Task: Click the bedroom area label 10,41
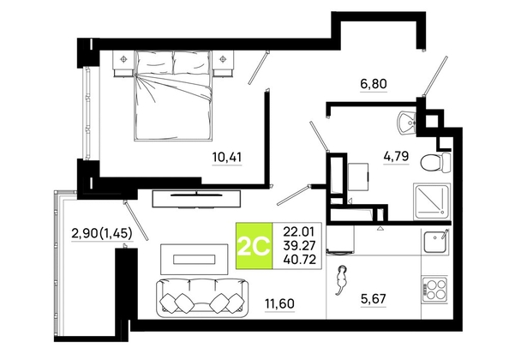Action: pyautogui.click(x=227, y=158)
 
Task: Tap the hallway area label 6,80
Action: pyautogui.click(x=374, y=84)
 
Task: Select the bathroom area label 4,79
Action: pyautogui.click(x=396, y=157)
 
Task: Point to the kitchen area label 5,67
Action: pyautogui.click(x=374, y=298)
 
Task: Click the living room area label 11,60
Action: pyautogui.click(x=280, y=303)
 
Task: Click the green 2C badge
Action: pyautogui.click(x=254, y=246)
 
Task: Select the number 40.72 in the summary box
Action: pyautogui.click(x=299, y=260)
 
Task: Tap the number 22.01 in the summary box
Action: pyautogui.click(x=299, y=232)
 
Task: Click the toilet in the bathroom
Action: pyautogui.click(x=435, y=162)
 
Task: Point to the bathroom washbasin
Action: pyautogui.click(x=406, y=123)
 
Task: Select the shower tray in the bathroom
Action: pyautogui.click(x=432, y=201)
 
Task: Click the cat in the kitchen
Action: pyautogui.click(x=341, y=279)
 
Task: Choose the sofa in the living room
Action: pyautogui.click(x=202, y=297)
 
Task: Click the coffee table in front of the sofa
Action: pyautogui.click(x=195, y=259)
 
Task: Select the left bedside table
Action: pyautogui.click(x=123, y=63)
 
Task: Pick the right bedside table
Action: pyautogui.click(x=223, y=63)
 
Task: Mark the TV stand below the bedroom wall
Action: pyautogui.click(x=197, y=199)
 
